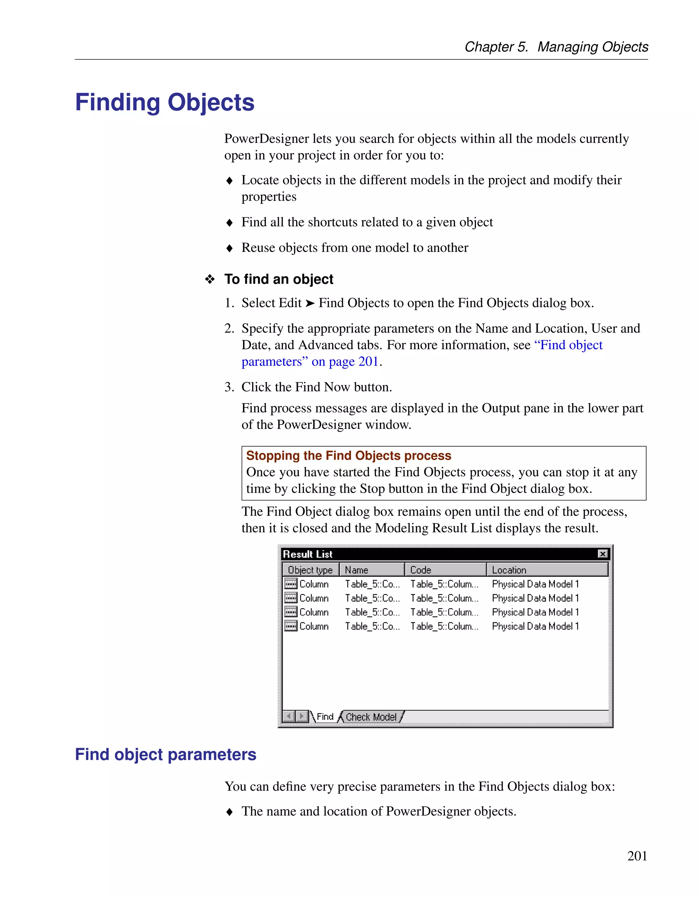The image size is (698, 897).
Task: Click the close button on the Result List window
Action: coord(602,554)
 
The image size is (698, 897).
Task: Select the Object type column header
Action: coord(310,570)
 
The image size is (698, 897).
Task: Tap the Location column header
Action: coord(547,570)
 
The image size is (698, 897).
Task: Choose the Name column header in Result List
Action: coord(372,570)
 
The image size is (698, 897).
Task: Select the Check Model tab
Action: coord(371,717)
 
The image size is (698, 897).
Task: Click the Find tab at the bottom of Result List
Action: coord(325,717)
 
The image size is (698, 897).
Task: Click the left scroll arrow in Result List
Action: coord(289,717)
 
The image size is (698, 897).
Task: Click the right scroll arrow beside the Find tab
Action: coord(302,717)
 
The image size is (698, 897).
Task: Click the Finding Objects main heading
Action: coord(165,102)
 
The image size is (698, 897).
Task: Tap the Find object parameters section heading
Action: coord(166,755)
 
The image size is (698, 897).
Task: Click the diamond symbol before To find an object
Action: coord(210,279)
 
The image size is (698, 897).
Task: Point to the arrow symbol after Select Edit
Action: coord(310,303)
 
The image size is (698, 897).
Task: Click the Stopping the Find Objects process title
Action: coord(348,455)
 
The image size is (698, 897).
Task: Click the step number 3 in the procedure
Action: coord(229,387)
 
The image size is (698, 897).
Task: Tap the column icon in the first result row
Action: coord(291,584)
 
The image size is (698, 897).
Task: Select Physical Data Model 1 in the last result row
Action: coord(535,627)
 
